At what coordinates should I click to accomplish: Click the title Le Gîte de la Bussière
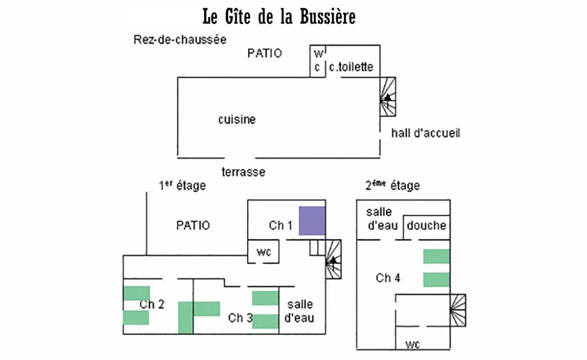click(279, 17)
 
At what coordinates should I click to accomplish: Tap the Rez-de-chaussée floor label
click(179, 40)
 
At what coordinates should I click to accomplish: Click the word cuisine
click(237, 120)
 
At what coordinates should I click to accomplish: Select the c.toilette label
click(351, 67)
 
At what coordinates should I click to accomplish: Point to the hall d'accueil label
click(425, 133)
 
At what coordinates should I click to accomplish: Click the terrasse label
click(243, 172)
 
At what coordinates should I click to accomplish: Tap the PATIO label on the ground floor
click(264, 53)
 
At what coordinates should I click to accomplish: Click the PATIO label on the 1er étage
click(193, 225)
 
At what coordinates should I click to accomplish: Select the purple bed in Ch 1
click(312, 220)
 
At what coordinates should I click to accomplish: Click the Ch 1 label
click(280, 225)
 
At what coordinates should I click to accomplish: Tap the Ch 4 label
click(388, 278)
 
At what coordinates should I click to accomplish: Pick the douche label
click(426, 225)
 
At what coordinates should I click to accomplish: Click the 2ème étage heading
click(392, 185)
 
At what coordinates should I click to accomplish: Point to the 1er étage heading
click(182, 185)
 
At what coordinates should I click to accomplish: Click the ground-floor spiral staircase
click(388, 97)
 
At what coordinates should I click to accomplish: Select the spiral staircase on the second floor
click(458, 310)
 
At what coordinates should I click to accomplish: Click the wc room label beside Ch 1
click(263, 252)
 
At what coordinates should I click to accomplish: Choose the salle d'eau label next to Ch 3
click(300, 312)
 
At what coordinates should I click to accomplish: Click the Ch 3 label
click(240, 318)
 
